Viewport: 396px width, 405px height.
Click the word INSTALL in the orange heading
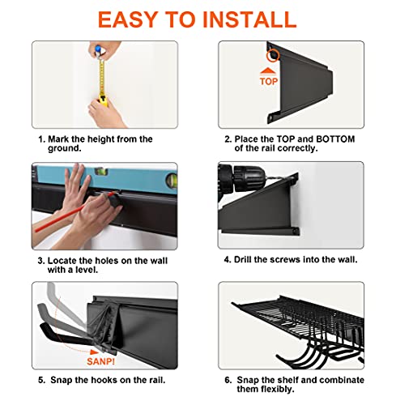tap(249, 19)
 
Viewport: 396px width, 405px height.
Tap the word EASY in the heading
tap(128, 19)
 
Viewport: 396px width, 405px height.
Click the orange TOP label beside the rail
tap(269, 81)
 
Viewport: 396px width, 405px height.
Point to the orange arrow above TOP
tap(268, 71)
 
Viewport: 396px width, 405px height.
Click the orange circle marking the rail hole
tap(272, 55)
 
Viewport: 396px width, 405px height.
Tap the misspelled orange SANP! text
tap(100, 361)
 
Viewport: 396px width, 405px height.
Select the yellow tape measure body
tap(103, 100)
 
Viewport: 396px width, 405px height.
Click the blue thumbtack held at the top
tap(98, 50)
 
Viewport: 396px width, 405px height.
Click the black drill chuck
tap(249, 177)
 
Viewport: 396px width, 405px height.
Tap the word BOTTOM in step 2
tap(335, 139)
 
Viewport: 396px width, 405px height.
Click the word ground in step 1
tap(65, 148)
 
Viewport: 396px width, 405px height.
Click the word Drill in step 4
tap(243, 259)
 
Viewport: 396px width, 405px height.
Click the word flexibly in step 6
tap(279, 389)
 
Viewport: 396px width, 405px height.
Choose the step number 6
tap(228, 380)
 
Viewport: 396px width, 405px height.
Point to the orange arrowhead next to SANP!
tap(94, 352)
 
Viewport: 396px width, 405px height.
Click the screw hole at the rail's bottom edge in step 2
tap(270, 118)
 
